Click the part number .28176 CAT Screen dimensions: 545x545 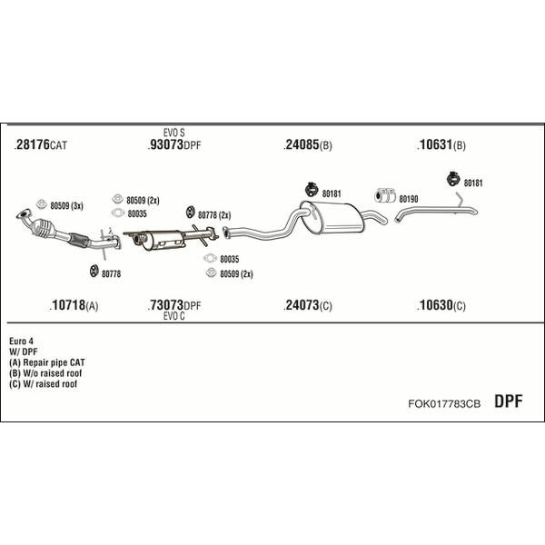point(40,144)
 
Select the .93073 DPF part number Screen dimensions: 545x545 point(174,144)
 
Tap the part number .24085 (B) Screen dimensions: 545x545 point(308,144)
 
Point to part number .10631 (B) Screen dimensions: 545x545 point(441,144)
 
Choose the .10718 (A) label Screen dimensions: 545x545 point(74,305)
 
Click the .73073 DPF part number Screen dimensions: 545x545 point(174,305)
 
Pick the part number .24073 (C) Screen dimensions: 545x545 point(308,305)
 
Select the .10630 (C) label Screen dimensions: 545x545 point(441,305)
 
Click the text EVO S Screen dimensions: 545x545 point(173,133)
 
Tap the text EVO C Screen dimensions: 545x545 point(173,316)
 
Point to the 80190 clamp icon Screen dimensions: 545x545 point(385,195)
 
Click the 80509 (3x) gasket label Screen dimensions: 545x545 point(66,206)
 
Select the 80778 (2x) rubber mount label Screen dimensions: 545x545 point(214,215)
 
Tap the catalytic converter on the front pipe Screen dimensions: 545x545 point(43,228)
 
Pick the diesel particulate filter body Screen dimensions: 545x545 point(163,240)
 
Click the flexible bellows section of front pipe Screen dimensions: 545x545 point(79,240)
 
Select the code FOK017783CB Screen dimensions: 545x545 point(444,403)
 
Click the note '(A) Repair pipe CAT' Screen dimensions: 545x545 point(47,362)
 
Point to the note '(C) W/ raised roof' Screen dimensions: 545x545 point(43,384)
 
